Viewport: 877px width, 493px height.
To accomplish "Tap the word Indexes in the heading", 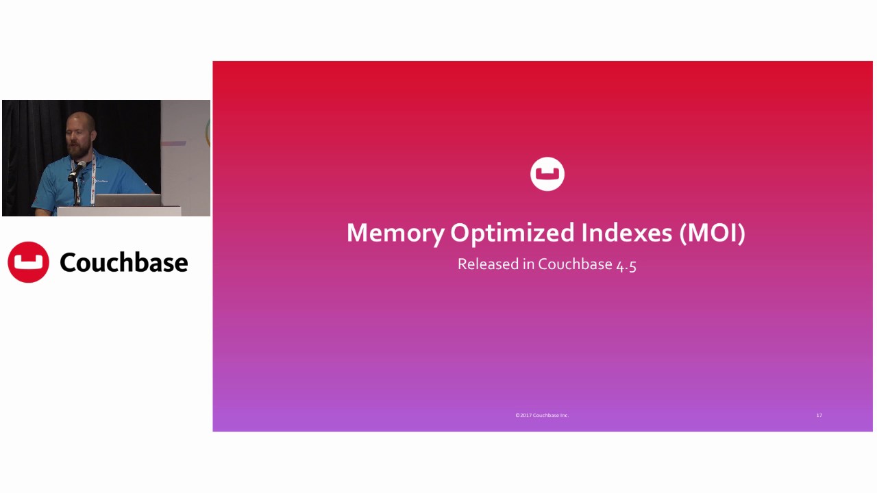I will coord(626,233).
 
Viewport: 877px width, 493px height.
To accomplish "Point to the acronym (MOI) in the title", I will coord(712,233).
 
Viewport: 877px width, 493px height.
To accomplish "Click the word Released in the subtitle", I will coord(489,264).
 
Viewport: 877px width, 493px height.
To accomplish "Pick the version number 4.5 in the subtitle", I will coord(626,265).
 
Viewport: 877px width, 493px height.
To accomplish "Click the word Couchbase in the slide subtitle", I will coord(575,264).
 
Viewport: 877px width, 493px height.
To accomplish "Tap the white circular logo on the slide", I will coord(547,174).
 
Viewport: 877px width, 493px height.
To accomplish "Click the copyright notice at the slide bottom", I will coord(542,415).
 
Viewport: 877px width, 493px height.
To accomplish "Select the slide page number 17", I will coord(819,415).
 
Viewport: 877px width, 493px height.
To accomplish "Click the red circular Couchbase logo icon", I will coord(28,262).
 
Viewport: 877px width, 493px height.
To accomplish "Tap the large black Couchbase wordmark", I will coord(123,262).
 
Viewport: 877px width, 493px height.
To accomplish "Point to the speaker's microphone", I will coord(77,169).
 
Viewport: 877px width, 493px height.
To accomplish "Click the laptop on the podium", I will coord(127,200).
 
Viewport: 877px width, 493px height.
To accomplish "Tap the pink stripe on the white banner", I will coord(174,144).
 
